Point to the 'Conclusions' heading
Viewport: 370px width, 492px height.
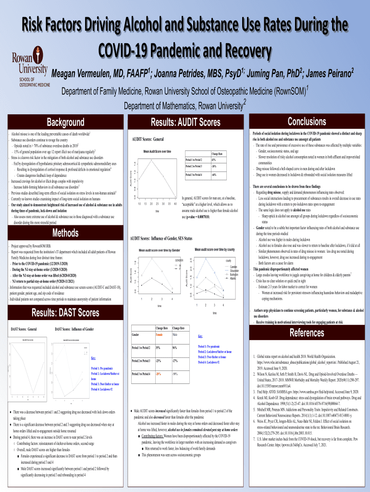point(307,122)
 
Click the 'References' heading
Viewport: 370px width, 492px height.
point(307,333)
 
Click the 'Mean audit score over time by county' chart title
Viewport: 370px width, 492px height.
point(214,249)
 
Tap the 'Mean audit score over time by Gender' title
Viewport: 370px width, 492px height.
point(160,250)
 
